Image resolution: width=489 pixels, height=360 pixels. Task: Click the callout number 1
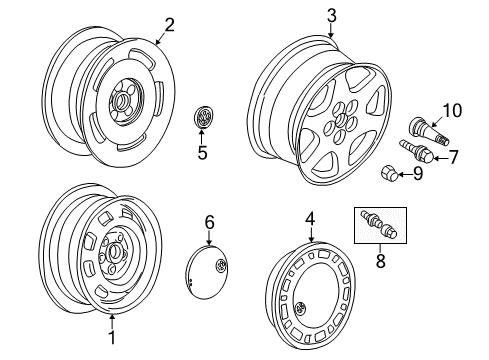click(112, 338)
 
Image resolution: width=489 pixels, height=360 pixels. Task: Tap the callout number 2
click(169, 25)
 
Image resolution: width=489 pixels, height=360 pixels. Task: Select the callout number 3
click(332, 16)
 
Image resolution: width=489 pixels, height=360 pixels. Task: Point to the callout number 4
click(310, 219)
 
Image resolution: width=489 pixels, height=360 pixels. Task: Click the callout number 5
click(202, 153)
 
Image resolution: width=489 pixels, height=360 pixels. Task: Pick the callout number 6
click(209, 222)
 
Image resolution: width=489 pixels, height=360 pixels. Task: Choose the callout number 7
click(453, 157)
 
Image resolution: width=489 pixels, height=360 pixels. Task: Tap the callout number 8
click(380, 260)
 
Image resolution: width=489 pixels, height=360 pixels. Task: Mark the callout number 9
click(418, 174)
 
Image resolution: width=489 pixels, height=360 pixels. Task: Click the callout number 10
click(452, 111)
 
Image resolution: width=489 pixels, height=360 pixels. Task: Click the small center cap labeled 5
click(203, 117)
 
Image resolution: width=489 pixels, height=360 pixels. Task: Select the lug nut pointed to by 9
click(388, 173)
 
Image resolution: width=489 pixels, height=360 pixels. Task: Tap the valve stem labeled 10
click(429, 131)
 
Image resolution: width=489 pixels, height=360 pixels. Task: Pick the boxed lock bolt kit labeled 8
click(380, 225)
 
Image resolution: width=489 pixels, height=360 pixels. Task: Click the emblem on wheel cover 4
click(301, 308)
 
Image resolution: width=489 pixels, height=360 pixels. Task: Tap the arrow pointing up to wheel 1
click(112, 322)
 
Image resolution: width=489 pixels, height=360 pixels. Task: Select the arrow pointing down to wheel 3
click(331, 31)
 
